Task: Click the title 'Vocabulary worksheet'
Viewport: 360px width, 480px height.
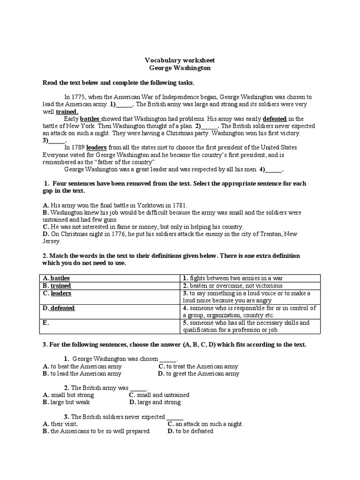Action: click(180, 60)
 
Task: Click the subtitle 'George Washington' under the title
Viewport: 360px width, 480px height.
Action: click(180, 68)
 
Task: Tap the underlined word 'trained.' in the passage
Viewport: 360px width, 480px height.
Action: click(67, 112)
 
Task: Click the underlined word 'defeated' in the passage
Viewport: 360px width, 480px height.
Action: click(275, 119)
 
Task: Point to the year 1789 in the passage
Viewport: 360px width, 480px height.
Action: click(78, 147)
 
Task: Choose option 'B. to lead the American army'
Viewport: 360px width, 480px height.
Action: click(82, 374)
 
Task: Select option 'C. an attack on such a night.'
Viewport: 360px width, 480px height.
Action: click(205, 424)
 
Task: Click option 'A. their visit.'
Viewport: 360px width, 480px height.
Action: click(60, 424)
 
